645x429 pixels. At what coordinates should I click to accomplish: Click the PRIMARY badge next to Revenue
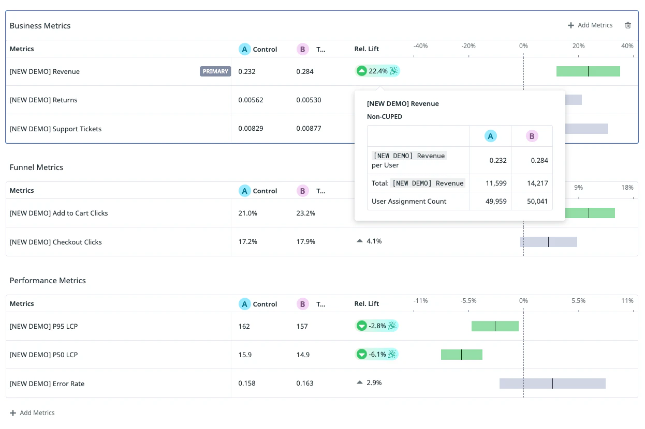(215, 71)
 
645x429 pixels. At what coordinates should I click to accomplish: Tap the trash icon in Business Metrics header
(628, 25)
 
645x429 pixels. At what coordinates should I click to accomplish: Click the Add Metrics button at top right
(590, 25)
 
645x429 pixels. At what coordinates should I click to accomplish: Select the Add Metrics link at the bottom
(32, 412)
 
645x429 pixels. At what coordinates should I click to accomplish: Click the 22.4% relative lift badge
(377, 71)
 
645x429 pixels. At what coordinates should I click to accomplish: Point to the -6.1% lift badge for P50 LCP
(377, 354)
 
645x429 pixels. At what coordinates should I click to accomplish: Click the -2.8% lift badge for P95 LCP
(377, 326)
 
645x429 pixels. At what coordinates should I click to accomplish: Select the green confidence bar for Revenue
(588, 71)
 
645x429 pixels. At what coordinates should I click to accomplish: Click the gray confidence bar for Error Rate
(552, 384)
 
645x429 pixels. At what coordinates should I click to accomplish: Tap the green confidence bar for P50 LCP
(462, 355)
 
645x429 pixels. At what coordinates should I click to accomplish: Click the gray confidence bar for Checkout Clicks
(548, 242)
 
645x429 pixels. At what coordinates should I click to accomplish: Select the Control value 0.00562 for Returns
(251, 100)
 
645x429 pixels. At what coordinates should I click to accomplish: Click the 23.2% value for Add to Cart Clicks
(306, 213)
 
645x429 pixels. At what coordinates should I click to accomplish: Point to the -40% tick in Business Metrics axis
(420, 46)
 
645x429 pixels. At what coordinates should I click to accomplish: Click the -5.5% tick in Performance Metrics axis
(468, 301)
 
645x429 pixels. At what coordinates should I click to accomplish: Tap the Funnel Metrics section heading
(36, 167)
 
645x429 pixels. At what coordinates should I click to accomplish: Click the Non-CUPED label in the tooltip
(385, 117)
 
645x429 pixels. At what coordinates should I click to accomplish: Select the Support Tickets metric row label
(55, 129)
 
